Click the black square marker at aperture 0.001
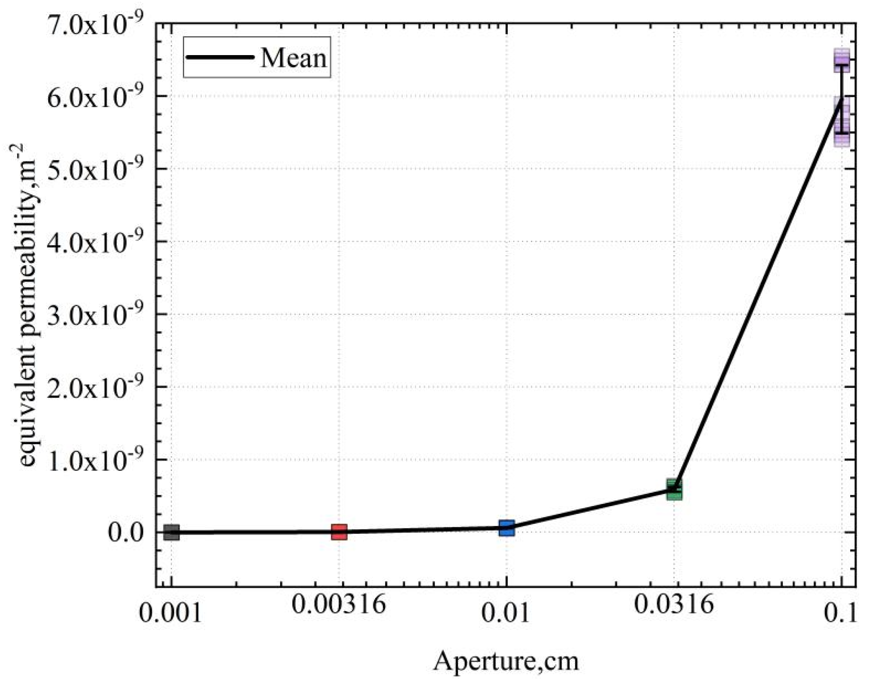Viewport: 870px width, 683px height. pos(171,532)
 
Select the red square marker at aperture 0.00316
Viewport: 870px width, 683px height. pos(339,532)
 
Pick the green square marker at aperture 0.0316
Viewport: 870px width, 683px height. pos(674,489)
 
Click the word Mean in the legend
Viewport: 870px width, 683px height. pos(293,58)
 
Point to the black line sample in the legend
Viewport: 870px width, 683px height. pos(219,57)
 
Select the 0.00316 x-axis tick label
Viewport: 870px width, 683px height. pos(339,605)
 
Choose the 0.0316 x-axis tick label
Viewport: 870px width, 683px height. pos(674,605)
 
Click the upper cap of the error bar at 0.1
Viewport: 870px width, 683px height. pos(842,65)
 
